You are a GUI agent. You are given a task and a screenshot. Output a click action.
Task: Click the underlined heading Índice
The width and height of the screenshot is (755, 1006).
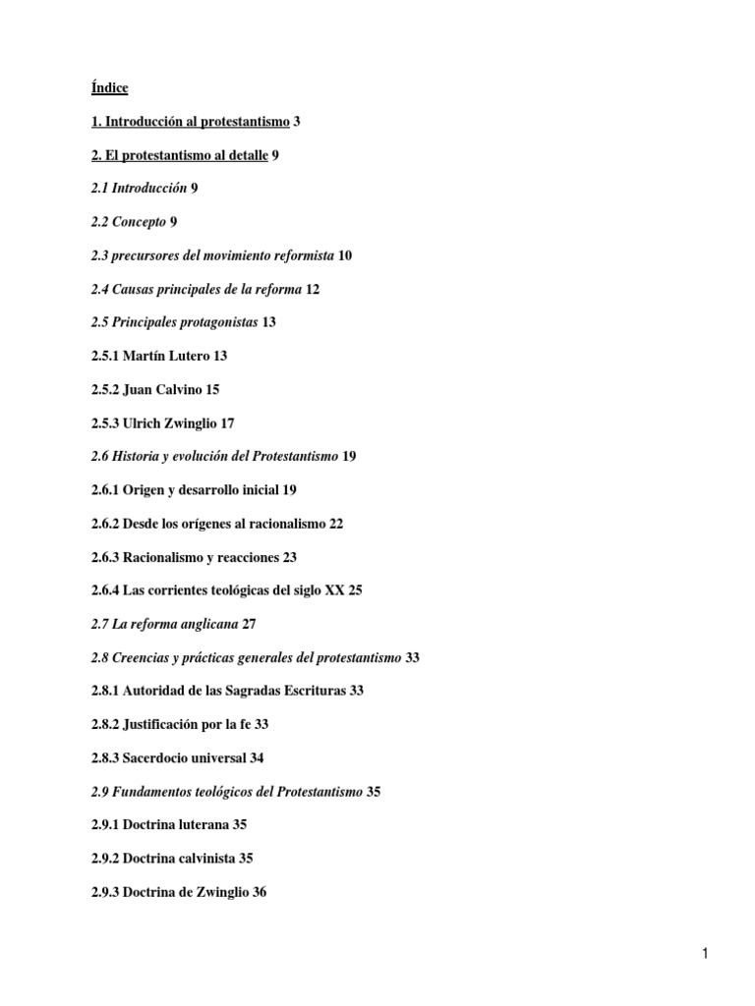click(109, 88)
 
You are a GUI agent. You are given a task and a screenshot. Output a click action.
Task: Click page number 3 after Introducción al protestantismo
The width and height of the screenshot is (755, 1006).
click(297, 122)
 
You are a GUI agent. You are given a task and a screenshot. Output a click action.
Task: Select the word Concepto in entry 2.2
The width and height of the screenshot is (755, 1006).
click(139, 222)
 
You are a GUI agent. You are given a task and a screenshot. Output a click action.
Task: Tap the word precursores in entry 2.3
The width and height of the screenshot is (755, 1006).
click(146, 255)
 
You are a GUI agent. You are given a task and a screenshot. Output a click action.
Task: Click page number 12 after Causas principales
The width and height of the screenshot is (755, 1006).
click(313, 289)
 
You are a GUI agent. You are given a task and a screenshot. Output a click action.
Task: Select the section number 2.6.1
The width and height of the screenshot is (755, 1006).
click(106, 489)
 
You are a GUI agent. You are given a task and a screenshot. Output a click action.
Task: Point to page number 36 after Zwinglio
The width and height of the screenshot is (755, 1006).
click(258, 891)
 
